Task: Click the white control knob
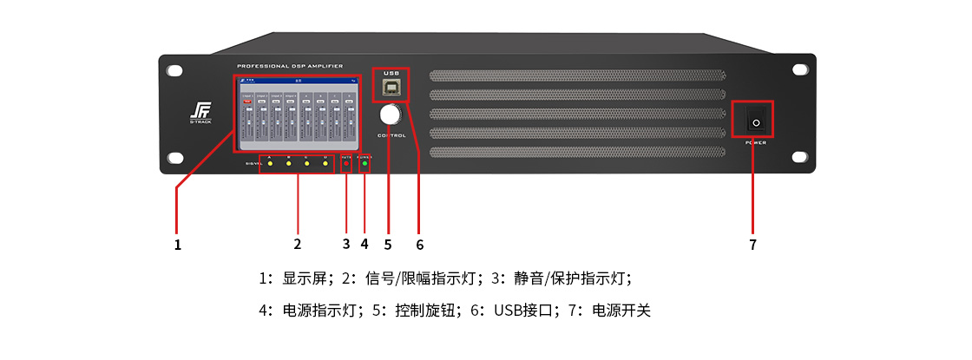[x=390, y=115]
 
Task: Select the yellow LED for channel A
[x=270, y=163]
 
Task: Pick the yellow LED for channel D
[x=325, y=163]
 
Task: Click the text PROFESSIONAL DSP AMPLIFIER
[x=289, y=66]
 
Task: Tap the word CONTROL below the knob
[x=391, y=135]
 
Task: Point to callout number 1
[x=177, y=245]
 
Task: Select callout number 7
[x=752, y=245]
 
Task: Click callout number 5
[x=388, y=245]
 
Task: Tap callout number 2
[x=297, y=245]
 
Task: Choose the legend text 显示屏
[x=304, y=278]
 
